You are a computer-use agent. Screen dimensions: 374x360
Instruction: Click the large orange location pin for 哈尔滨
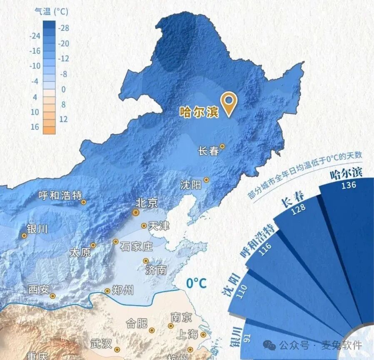[x=229, y=102]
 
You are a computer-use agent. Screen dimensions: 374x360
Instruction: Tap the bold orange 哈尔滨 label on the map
[x=199, y=112]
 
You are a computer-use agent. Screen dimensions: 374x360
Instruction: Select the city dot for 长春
[x=222, y=146]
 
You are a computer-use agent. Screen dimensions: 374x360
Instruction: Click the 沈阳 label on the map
[x=191, y=184]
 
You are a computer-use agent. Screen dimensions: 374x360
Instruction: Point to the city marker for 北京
[x=136, y=212]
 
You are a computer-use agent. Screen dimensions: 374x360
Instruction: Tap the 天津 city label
[x=159, y=226]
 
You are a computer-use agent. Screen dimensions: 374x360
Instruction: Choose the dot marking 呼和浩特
[x=84, y=202]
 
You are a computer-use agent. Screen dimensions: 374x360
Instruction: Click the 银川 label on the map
[x=37, y=228]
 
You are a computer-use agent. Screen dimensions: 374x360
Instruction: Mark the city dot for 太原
[x=93, y=245]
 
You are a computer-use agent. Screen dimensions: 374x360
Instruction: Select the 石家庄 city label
[x=136, y=246]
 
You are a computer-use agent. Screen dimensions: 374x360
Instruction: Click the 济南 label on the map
[x=156, y=270]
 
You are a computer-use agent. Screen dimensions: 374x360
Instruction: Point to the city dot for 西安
[x=53, y=296]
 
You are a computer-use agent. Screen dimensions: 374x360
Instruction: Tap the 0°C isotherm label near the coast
[x=196, y=283]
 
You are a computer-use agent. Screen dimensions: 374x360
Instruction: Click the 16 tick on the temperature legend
[x=35, y=127]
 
